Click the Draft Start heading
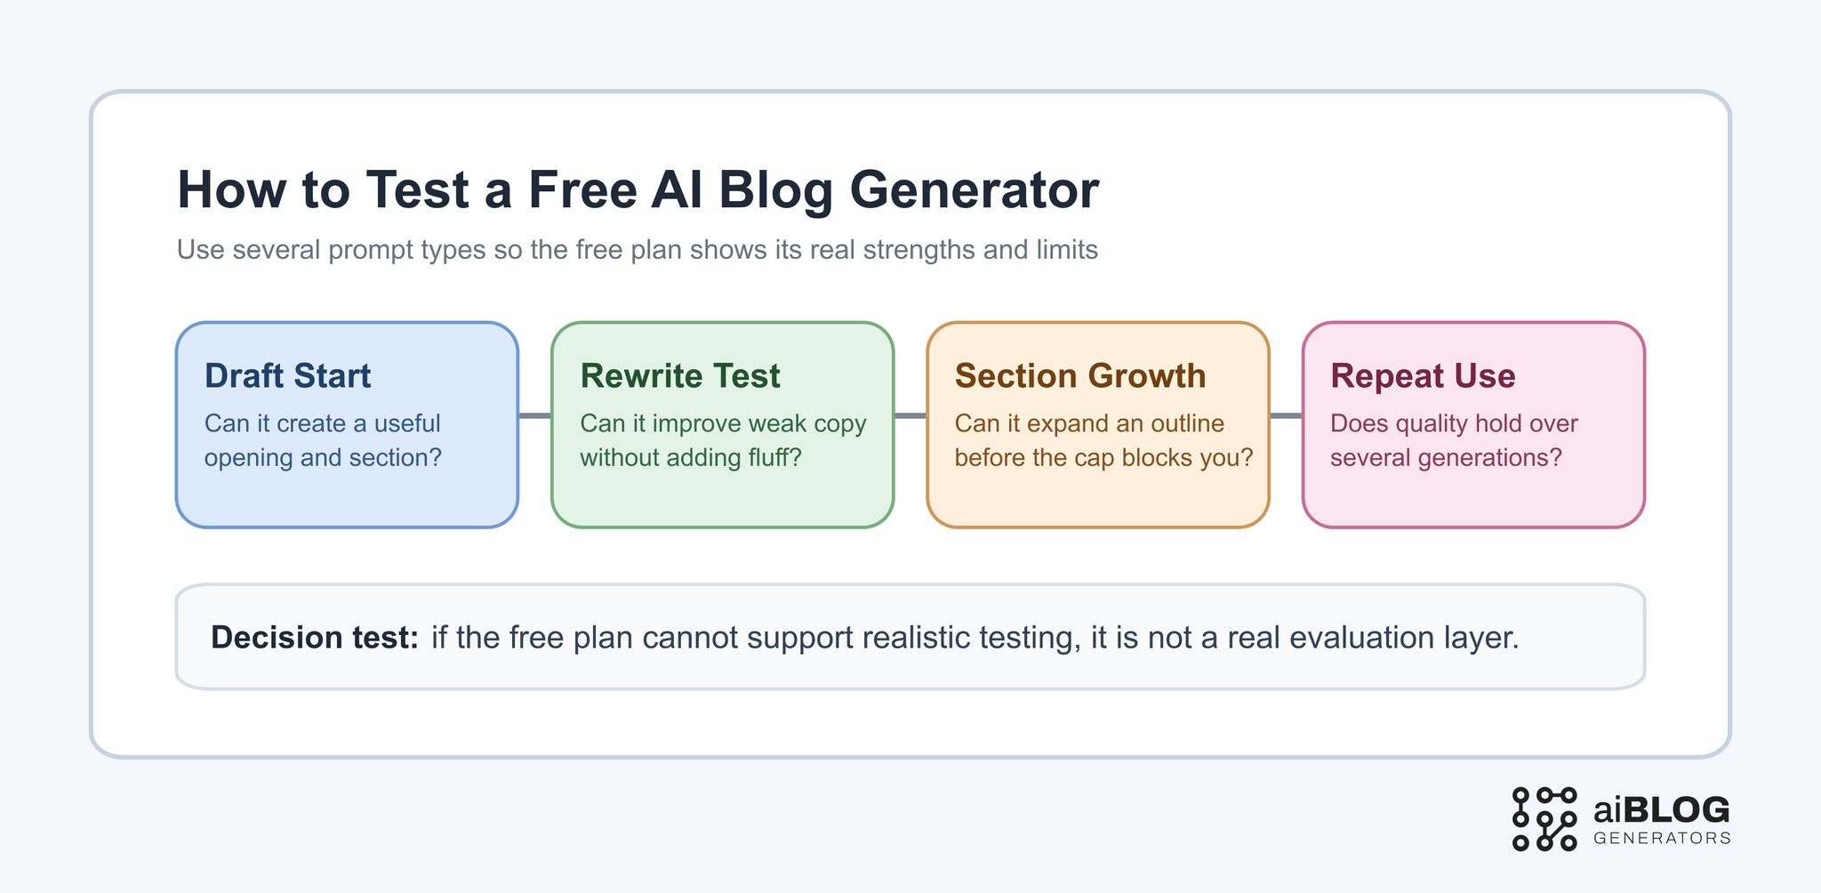click(287, 376)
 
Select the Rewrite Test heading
click(680, 376)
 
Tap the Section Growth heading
click(1080, 376)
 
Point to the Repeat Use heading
click(1423, 376)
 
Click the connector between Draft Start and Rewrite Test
click(534, 415)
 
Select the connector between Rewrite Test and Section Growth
click(910, 415)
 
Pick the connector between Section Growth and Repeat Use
click(1286, 415)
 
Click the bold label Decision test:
click(314, 638)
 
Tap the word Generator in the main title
click(975, 190)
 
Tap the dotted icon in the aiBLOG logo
click(1544, 819)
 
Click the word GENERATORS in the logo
click(1662, 839)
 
